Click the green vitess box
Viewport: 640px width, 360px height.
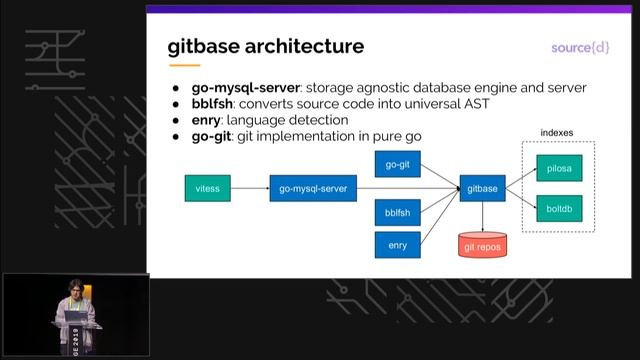(208, 187)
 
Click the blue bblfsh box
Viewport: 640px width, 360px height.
(397, 213)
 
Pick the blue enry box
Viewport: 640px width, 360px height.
(397, 244)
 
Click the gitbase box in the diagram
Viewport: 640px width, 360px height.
(483, 187)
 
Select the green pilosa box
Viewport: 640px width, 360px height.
(558, 170)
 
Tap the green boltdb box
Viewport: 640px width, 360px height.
(558, 210)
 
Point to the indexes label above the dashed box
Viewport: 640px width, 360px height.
(557, 132)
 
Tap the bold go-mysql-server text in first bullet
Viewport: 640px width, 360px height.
(246, 88)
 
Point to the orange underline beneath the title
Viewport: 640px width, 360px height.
(184, 65)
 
